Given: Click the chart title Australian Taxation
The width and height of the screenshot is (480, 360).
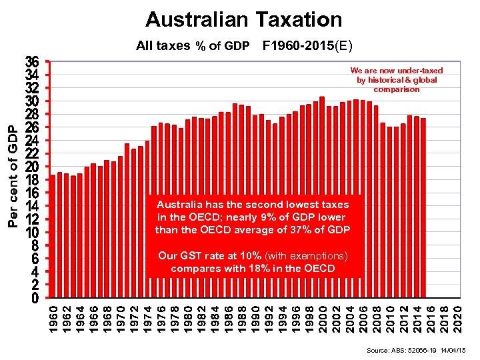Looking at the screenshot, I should tap(243, 19).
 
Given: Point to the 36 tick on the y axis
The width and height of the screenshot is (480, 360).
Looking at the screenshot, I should tap(32, 61).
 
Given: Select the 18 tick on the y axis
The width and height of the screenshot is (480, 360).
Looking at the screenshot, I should tap(32, 180).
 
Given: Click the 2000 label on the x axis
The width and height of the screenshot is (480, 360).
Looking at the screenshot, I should tap(322, 319).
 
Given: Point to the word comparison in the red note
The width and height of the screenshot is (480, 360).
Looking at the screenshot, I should tap(397, 89).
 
